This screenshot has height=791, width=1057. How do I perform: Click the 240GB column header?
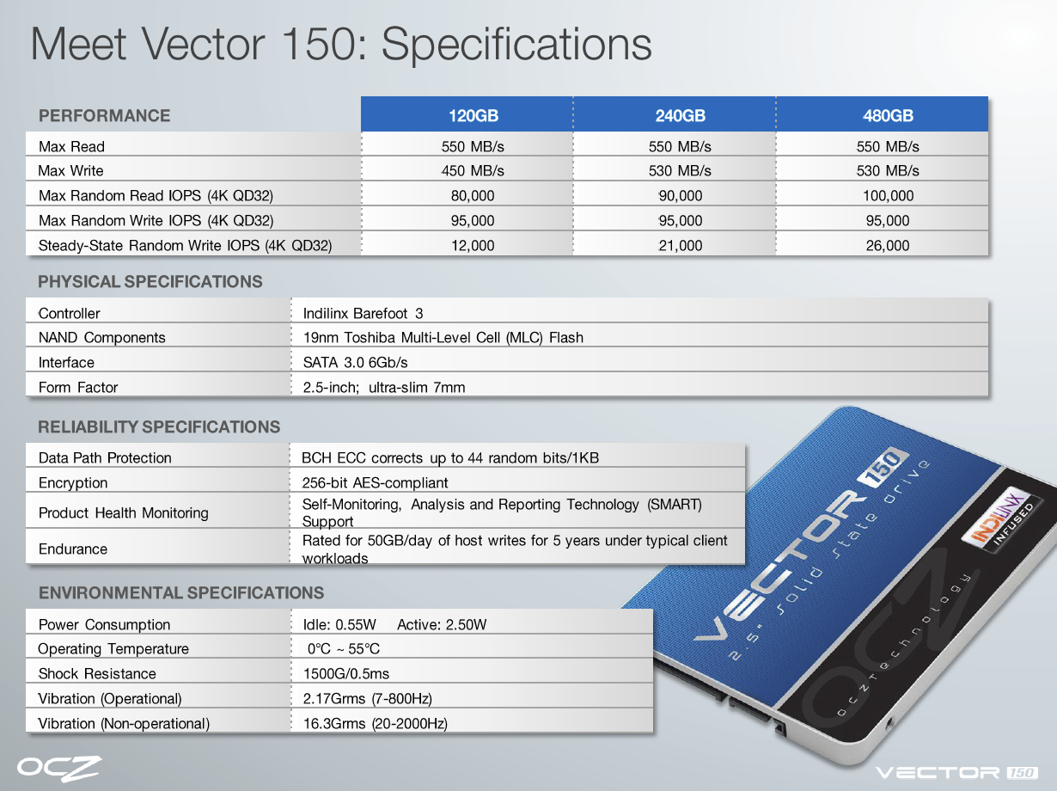click(x=680, y=115)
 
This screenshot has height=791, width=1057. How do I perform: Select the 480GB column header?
click(x=888, y=115)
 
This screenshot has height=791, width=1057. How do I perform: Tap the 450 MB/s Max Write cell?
click(x=473, y=170)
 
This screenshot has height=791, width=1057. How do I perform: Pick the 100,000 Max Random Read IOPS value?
click(x=888, y=195)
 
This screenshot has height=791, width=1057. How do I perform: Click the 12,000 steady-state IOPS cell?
click(x=473, y=245)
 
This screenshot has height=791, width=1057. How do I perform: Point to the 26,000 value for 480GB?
click(x=888, y=245)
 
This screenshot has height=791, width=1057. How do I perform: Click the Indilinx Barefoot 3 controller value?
click(x=363, y=314)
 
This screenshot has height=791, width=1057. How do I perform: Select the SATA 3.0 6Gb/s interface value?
click(x=355, y=362)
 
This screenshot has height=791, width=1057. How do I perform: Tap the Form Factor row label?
click(x=78, y=387)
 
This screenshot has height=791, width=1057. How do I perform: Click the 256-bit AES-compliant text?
click(x=375, y=482)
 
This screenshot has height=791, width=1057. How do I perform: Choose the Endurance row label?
click(x=73, y=549)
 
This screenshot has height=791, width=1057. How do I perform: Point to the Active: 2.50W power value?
click(x=442, y=625)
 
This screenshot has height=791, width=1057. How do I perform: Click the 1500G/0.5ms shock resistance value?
click(x=345, y=673)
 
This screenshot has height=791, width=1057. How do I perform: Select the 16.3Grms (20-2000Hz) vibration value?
click(x=376, y=724)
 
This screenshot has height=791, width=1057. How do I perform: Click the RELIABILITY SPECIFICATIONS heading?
click(x=159, y=426)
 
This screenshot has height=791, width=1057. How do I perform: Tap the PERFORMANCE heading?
click(x=105, y=115)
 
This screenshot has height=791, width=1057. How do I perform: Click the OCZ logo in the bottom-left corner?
click(x=59, y=769)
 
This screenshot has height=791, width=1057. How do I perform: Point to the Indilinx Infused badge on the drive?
click(x=1002, y=521)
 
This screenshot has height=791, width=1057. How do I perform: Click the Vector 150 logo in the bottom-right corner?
click(x=956, y=773)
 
